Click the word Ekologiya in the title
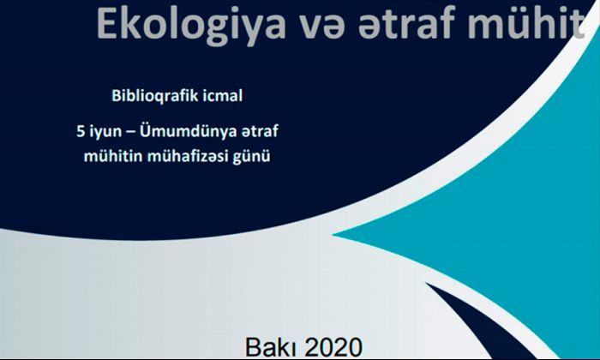click(x=191, y=25)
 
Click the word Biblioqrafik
click(x=154, y=96)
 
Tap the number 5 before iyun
click(x=81, y=132)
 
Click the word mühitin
click(x=113, y=156)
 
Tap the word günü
click(x=252, y=157)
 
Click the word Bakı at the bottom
click(x=272, y=347)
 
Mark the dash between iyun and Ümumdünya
click(x=130, y=133)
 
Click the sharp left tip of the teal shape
click(x=333, y=235)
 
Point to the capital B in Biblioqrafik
click(x=116, y=96)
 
